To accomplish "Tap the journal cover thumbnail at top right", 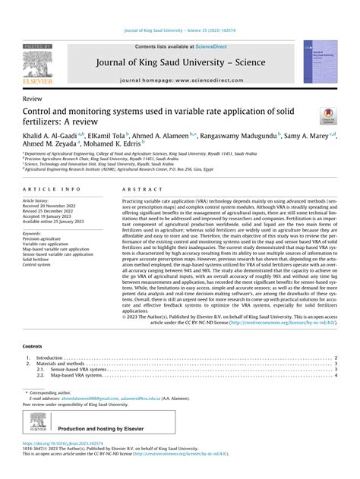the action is [x=320, y=61].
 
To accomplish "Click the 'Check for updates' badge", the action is [x=329, y=114].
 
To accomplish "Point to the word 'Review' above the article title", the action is [x=33, y=99].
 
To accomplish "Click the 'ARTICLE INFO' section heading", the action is [x=52, y=188].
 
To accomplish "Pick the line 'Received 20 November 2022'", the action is [x=54, y=205].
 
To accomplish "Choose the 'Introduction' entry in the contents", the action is [x=50, y=358].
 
